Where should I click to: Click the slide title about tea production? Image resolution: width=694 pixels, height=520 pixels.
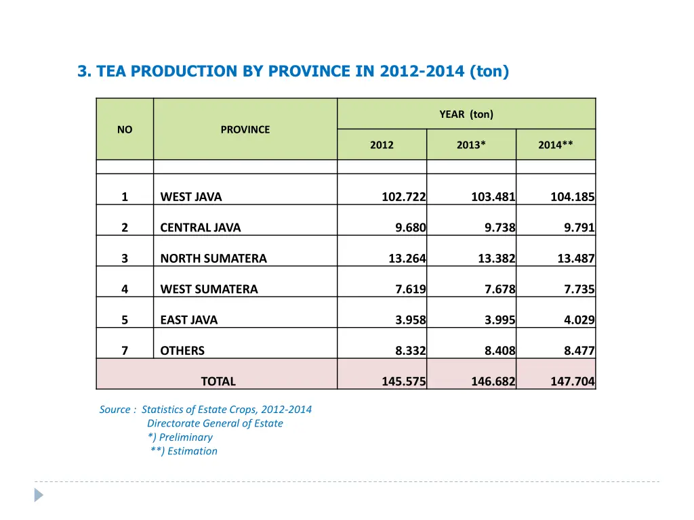pos(293,71)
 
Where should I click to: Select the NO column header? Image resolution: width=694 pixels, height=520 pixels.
pos(125,129)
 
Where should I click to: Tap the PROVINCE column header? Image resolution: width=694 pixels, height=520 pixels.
pos(245,129)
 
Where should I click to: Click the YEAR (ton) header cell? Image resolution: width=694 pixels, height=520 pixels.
pos(466,114)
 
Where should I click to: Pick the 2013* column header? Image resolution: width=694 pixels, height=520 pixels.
pos(471,145)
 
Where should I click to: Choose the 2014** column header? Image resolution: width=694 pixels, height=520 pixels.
pos(556,145)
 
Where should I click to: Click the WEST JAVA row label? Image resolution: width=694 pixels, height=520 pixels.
pos(191,197)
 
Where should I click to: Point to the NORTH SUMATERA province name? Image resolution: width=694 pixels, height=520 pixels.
pos(213,258)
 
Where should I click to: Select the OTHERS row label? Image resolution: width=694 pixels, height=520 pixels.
pos(182,351)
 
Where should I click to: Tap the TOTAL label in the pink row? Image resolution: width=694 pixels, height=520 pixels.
pos(218,381)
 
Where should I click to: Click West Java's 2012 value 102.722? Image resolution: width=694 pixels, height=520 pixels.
pos(404,197)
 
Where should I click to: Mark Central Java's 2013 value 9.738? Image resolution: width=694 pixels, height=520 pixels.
pos(500,227)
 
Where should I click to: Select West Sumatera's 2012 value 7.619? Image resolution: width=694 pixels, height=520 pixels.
pos(411,289)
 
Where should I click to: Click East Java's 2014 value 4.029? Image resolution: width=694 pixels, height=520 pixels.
pos(579,320)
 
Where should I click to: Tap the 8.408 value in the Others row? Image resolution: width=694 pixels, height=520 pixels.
pos(500,351)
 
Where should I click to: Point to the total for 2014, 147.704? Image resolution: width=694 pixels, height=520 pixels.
pos(573,381)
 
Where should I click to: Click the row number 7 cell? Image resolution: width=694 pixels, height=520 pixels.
pos(125,351)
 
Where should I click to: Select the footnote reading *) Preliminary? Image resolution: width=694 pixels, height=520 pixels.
pos(180,437)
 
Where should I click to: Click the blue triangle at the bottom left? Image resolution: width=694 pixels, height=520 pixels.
pos(39,495)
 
